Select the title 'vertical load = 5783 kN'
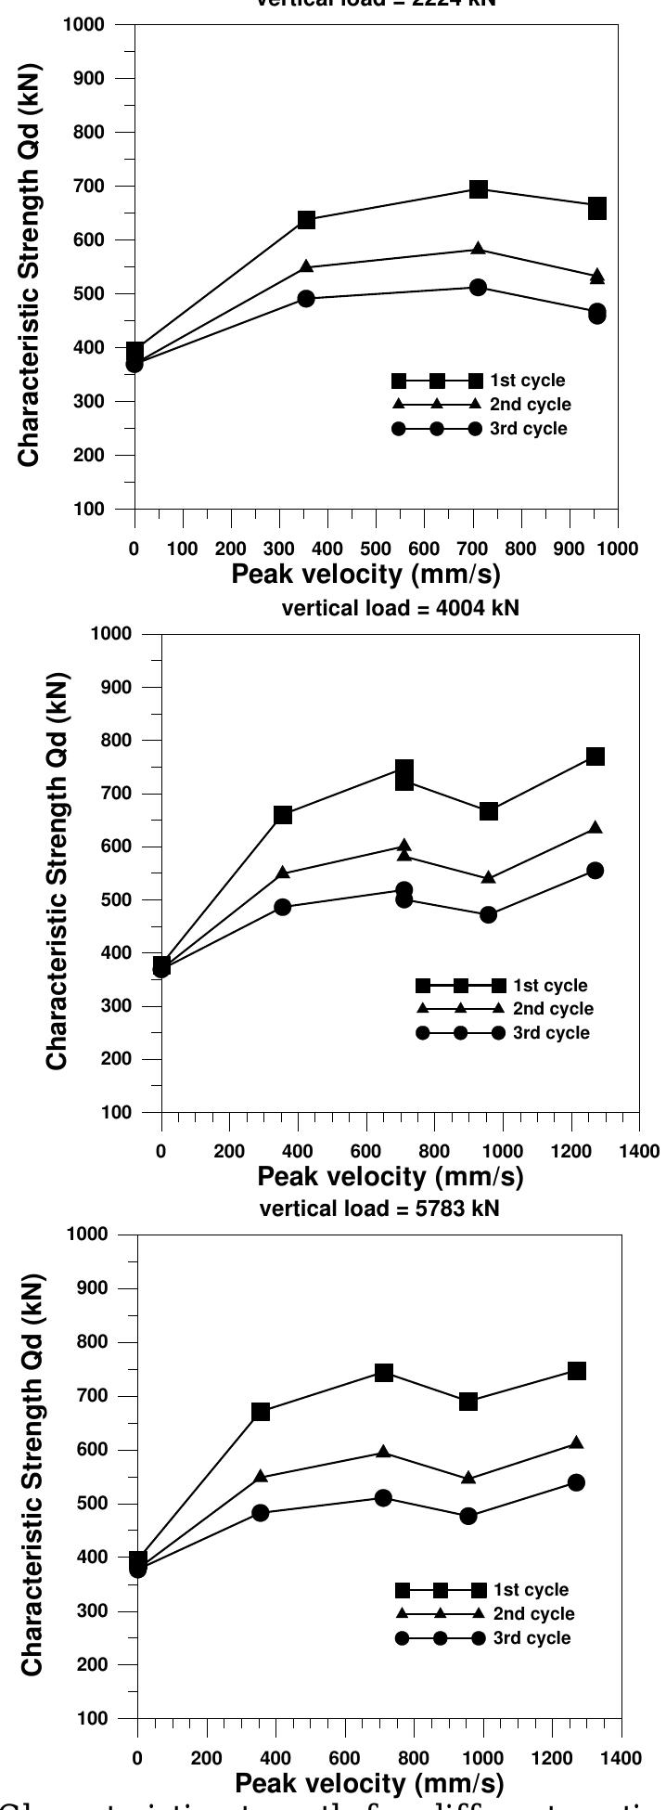coord(379,1209)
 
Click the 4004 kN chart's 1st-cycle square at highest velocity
coord(596,756)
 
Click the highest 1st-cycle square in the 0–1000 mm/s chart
coord(479,189)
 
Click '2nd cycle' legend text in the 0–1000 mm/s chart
coord(532,405)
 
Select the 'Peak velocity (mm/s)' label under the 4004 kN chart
coord(391,1177)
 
